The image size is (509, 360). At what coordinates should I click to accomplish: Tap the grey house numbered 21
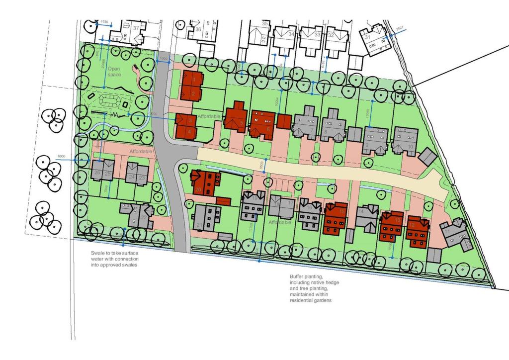click(x=207, y=219)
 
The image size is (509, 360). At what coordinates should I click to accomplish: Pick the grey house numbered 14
click(x=368, y=218)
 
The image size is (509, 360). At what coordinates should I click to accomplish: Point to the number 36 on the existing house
click(x=198, y=29)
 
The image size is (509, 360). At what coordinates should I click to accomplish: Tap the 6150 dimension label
click(x=104, y=22)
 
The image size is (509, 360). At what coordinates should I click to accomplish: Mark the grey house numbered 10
click(x=405, y=140)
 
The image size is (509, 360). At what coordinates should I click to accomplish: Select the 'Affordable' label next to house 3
click(x=210, y=116)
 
